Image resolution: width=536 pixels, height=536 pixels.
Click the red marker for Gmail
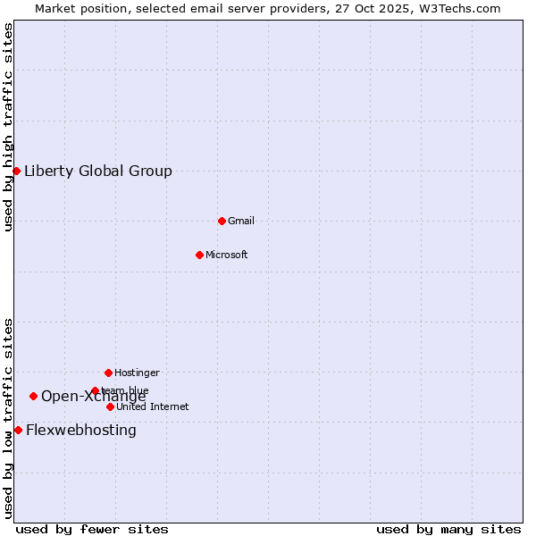pos(222,221)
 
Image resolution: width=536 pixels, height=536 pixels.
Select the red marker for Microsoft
pos(199,255)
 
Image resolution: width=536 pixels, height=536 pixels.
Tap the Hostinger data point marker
pos(108,373)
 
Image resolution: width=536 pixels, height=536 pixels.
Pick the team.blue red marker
pos(95,390)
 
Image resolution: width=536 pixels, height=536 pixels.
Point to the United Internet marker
pos(110,406)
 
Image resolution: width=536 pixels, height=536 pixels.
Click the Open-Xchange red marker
pos(33,396)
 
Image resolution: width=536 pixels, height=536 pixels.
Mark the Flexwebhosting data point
pos(18,430)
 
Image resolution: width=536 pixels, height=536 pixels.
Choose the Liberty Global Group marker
pos(16,171)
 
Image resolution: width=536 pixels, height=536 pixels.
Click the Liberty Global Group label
pos(98,172)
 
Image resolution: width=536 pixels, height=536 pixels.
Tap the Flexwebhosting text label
pos(81,431)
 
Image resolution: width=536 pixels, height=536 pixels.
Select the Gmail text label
pos(241,222)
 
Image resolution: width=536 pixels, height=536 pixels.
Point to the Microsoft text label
pos(227,255)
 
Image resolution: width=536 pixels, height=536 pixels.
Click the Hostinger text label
pos(137,373)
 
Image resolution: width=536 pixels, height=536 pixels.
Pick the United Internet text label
pos(153,407)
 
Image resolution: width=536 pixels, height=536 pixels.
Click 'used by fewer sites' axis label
pos(92,529)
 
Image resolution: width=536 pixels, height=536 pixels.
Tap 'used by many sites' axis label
pos(448,529)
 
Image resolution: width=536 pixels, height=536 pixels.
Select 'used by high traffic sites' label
pos(9,127)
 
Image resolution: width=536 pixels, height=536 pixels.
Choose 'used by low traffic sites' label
pos(9,418)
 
